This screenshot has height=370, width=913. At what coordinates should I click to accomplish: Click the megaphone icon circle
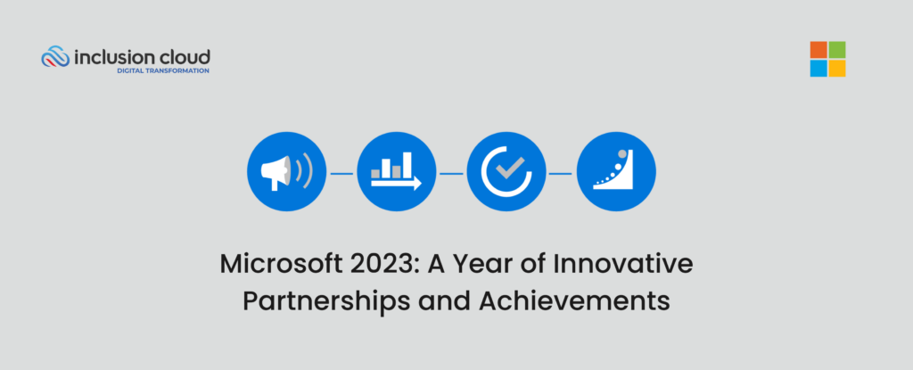pos(286,173)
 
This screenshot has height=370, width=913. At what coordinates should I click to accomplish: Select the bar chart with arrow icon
pos(396,173)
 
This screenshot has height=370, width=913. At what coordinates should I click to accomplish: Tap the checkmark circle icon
pos(506,173)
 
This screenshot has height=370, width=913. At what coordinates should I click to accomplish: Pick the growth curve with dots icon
pos(616,173)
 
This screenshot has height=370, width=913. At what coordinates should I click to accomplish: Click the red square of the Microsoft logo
pos(818,50)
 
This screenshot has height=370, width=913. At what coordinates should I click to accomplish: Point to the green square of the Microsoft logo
pos(837,50)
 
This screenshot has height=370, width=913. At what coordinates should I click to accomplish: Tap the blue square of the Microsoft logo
pos(818,69)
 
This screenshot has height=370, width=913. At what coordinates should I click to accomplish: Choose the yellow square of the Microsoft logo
pos(837,69)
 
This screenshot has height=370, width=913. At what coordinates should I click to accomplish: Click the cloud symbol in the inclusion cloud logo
pos(55,58)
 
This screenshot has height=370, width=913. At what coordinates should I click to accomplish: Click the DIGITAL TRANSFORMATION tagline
pos(163,70)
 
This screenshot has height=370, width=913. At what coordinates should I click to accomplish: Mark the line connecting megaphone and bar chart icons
pos(341,173)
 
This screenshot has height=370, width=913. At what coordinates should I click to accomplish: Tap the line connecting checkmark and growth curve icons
pos(561,173)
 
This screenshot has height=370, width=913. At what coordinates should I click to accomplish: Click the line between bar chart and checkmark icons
pos(451,173)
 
